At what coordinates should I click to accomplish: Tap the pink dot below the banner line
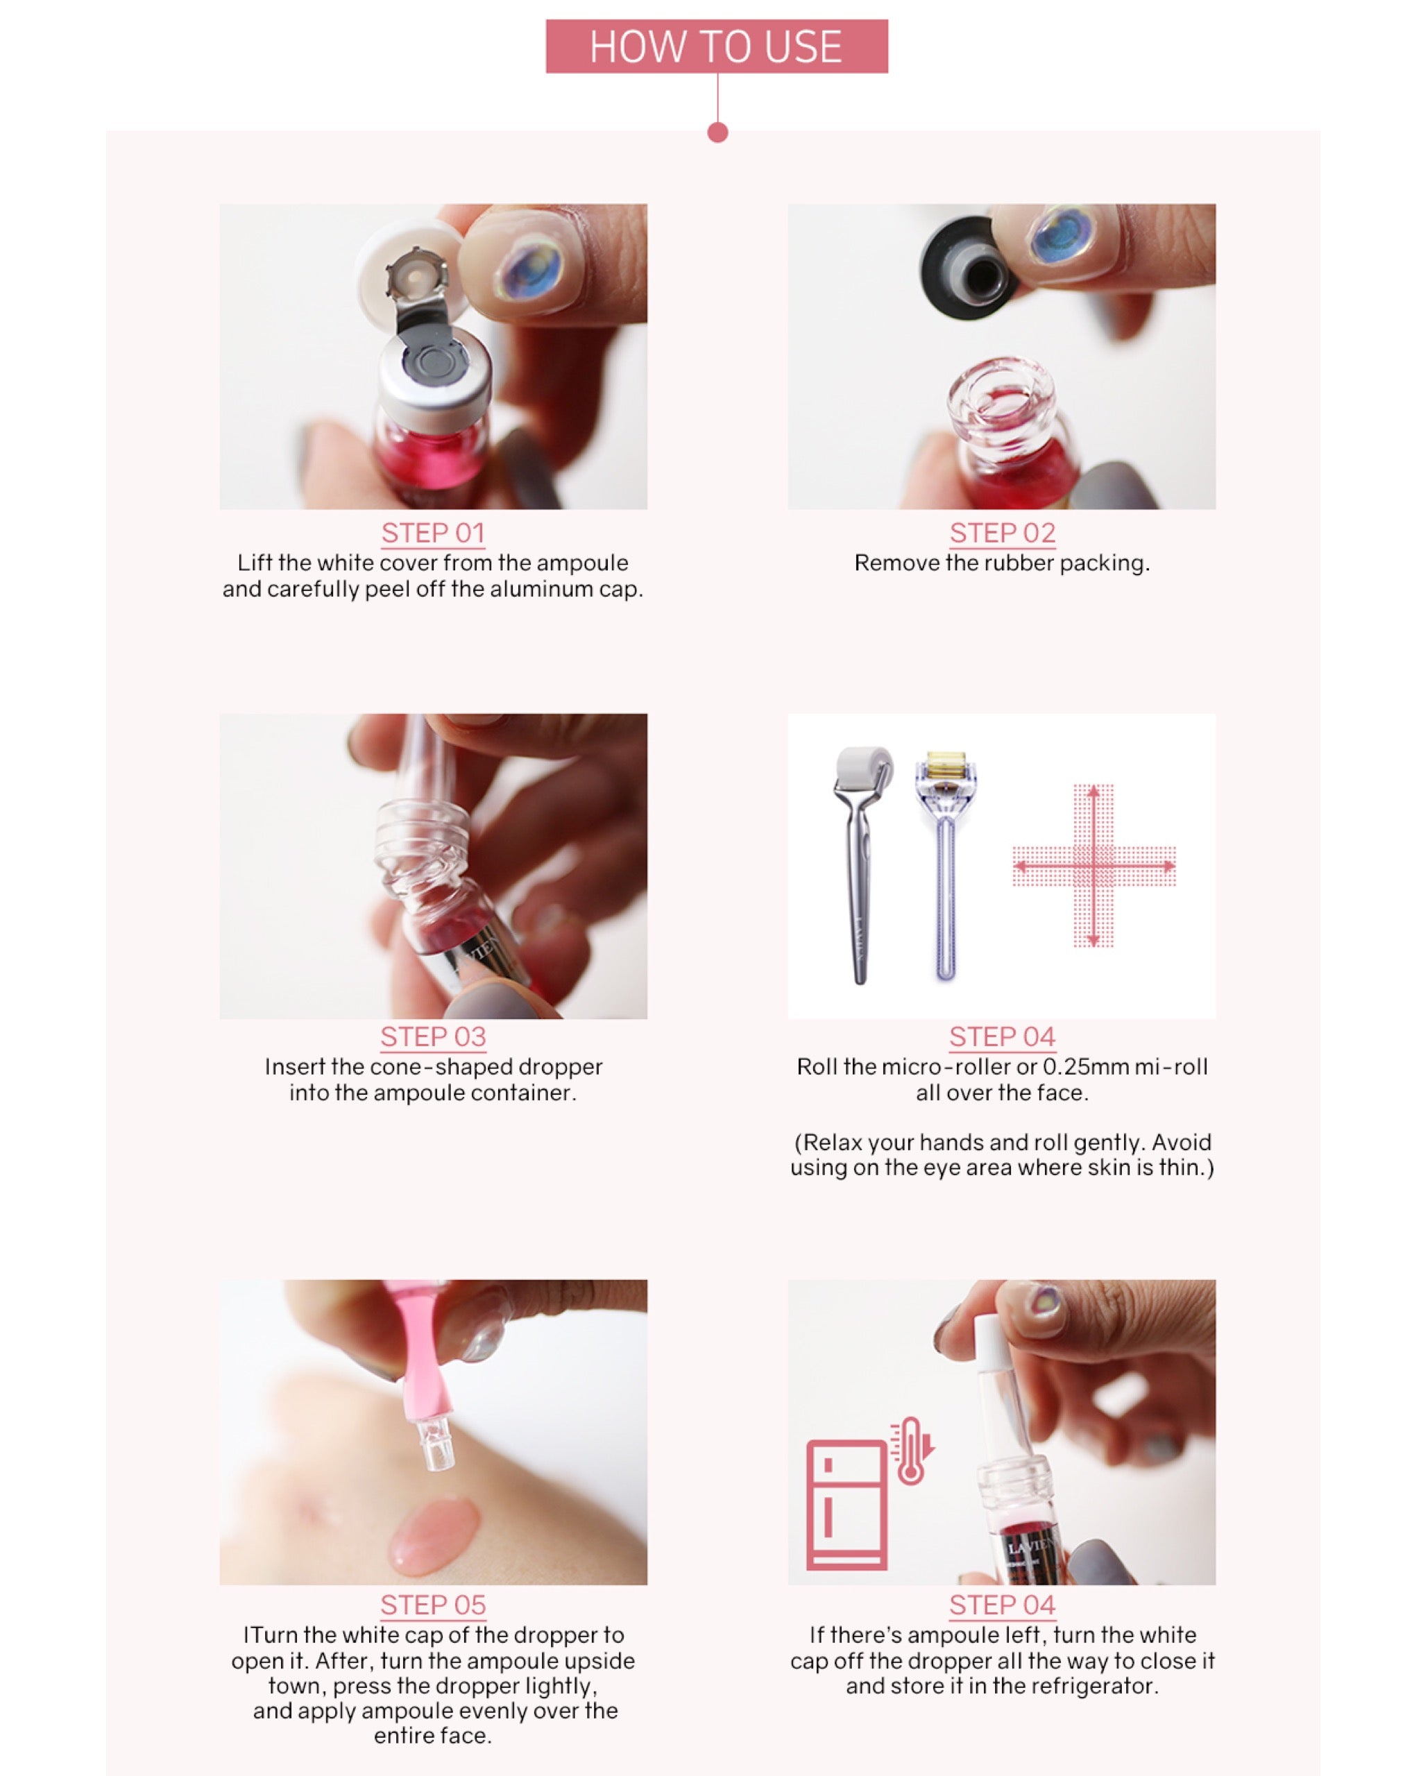pyautogui.click(x=717, y=133)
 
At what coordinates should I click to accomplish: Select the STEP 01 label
pyautogui.click(x=432, y=533)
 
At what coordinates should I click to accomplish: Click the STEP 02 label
pyautogui.click(x=1002, y=533)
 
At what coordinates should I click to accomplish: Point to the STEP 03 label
pyautogui.click(x=432, y=1036)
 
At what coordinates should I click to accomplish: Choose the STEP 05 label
pyautogui.click(x=432, y=1605)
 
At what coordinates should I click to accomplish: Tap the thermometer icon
pyautogui.click(x=911, y=1452)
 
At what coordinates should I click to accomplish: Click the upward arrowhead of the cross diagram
pyautogui.click(x=1093, y=792)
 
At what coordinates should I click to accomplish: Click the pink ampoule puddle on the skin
pyautogui.click(x=432, y=1535)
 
